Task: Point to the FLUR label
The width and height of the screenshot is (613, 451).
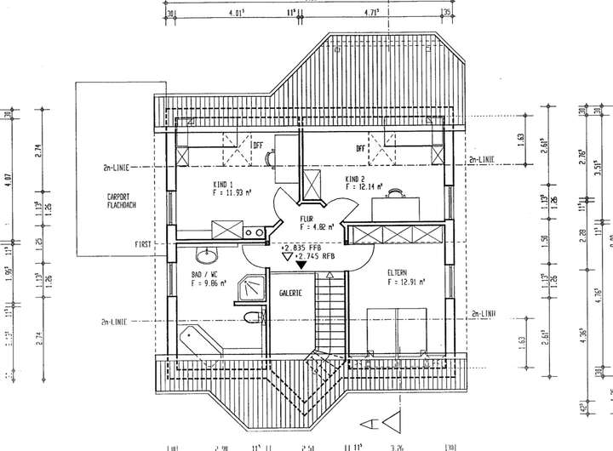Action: click(x=307, y=219)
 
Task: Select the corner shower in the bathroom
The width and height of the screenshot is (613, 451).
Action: click(x=249, y=289)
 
